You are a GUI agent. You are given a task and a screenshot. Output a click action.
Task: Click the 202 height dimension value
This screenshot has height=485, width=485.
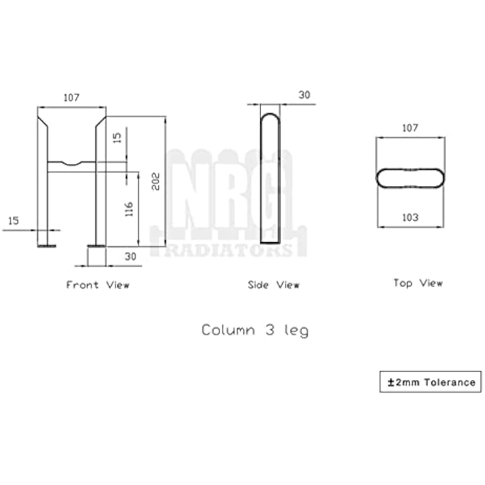coord(156,181)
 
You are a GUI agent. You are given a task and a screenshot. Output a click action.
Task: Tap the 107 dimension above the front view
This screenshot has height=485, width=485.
coord(71,97)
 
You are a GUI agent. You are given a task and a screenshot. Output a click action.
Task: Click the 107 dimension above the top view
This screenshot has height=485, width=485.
coord(410,128)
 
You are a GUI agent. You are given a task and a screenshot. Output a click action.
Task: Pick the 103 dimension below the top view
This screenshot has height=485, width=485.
coord(410,217)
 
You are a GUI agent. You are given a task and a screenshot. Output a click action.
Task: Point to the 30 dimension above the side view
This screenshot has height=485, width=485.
coord(304,95)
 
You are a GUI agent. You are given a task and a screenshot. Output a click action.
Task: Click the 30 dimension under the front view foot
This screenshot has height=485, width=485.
coord(131,256)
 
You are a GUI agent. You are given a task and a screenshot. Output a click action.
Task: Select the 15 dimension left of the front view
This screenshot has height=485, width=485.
coord(14,220)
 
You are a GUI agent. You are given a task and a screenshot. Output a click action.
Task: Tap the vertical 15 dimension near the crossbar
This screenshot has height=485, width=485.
coord(117,138)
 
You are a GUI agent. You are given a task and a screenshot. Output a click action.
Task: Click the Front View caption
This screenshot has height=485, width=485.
coord(98,285)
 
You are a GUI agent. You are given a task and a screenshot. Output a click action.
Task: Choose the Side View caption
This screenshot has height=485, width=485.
coord(273,285)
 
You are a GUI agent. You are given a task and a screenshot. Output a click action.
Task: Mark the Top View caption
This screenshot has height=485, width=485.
coord(418,283)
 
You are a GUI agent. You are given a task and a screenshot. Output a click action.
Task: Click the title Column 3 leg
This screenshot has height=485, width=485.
coord(255,330)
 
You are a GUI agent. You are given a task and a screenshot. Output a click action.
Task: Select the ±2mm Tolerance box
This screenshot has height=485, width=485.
coord(430,382)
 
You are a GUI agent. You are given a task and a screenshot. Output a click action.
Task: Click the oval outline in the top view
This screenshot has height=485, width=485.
coord(410,169)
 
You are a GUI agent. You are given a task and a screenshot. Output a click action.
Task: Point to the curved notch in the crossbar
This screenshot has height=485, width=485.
coord(71,164)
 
